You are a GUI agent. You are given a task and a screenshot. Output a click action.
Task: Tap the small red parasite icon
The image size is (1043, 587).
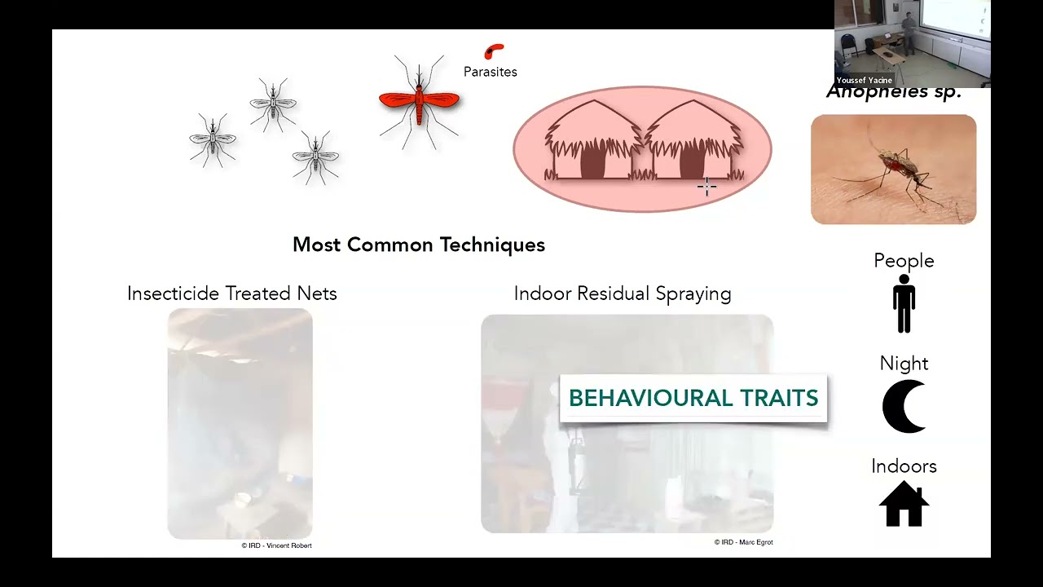point(494,51)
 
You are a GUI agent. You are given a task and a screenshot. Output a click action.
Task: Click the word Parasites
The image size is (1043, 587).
point(490,72)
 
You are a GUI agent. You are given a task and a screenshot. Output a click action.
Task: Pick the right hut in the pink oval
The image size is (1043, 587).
point(692,143)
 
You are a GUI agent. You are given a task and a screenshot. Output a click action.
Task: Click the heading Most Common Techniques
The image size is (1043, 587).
point(418,245)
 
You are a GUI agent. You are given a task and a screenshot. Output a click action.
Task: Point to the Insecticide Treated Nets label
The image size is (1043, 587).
point(231,293)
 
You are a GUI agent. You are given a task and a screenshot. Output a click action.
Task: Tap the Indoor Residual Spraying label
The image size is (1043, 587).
point(622,293)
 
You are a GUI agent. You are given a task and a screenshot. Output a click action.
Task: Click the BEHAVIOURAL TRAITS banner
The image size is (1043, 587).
point(693,398)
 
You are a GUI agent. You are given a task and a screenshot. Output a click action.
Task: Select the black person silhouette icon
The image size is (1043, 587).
point(904,303)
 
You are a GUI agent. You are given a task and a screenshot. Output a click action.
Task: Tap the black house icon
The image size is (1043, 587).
point(904,505)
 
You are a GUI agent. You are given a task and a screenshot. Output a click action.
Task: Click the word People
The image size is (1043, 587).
point(904,261)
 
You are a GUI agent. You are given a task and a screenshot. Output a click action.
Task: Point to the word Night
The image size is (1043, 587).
point(904,364)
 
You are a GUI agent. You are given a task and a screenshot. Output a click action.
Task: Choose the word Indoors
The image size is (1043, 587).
point(904,466)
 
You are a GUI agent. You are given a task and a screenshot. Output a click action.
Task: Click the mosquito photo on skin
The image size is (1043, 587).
point(893,170)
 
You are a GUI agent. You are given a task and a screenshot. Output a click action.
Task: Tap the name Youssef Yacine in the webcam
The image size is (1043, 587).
point(864,81)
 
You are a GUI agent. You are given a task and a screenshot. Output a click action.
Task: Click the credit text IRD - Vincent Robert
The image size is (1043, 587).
point(276,545)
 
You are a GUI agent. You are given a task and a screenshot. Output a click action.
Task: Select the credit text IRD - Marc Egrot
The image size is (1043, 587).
point(743,542)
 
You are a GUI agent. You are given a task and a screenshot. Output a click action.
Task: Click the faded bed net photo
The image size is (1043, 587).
point(240,423)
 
